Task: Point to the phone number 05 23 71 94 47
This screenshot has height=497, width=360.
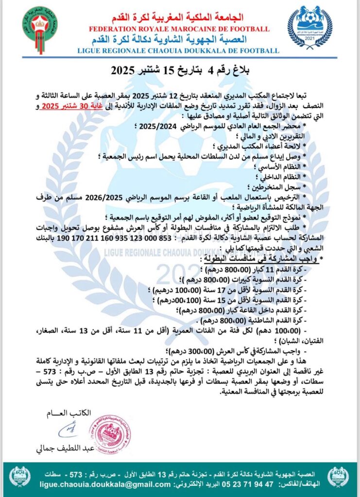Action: click(249, 483)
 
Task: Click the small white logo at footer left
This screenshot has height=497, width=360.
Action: click(20, 477)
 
